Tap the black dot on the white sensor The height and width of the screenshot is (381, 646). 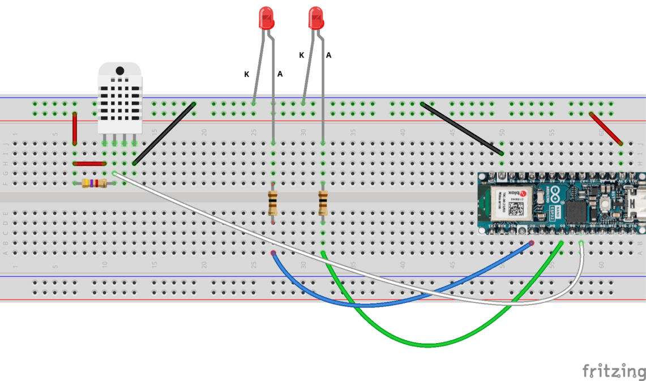click(x=120, y=71)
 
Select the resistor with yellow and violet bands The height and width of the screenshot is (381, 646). click(x=94, y=183)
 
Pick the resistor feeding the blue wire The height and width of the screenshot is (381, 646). click(x=273, y=203)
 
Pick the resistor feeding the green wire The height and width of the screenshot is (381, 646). click(x=323, y=203)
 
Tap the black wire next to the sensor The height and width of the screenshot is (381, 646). click(x=164, y=134)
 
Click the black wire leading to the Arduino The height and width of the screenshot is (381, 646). click(x=462, y=129)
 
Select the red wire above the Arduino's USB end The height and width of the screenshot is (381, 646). click(x=606, y=129)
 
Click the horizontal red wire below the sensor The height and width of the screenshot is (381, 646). click(x=89, y=164)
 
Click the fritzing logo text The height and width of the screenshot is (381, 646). click(x=614, y=371)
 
